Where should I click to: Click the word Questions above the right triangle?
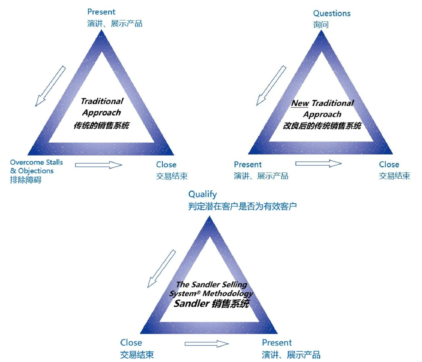(x=332, y=13)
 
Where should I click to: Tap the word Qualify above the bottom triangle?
(x=202, y=194)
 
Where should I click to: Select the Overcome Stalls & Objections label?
(x=36, y=167)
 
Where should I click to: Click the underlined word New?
(x=300, y=103)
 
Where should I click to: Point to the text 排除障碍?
(x=26, y=180)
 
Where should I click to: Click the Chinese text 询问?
(x=321, y=25)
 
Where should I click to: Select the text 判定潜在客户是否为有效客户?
(x=242, y=206)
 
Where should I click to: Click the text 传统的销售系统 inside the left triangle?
(x=101, y=125)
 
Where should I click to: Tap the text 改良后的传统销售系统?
(x=322, y=126)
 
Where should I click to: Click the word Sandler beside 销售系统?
(x=191, y=304)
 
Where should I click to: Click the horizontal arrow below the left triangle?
(x=98, y=165)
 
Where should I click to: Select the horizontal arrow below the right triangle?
(x=318, y=163)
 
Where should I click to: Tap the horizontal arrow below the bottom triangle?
(x=206, y=344)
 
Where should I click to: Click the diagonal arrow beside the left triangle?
(x=50, y=86)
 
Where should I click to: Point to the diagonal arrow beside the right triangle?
(x=271, y=86)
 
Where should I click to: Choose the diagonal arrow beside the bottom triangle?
(x=161, y=269)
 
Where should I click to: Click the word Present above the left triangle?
(x=102, y=12)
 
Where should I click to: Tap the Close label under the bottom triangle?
(x=131, y=343)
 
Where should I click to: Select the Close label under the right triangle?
(x=389, y=165)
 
